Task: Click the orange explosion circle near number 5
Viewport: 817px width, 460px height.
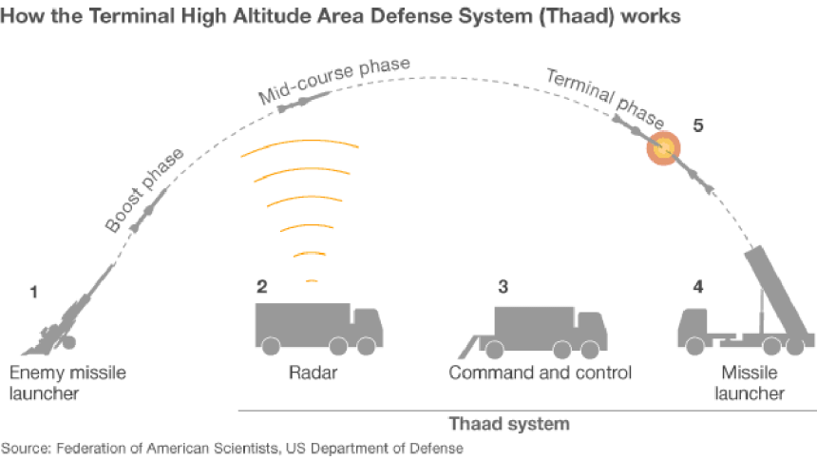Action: (x=664, y=147)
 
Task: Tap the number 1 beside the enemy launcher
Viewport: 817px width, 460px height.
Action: (x=34, y=292)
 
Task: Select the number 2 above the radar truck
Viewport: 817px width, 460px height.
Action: (x=261, y=285)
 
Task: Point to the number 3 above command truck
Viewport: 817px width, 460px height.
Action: (x=503, y=285)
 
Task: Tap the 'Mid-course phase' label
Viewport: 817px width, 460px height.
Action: (x=334, y=80)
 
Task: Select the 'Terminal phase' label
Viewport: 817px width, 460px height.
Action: (x=603, y=98)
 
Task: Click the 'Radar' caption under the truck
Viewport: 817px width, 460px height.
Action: (x=313, y=373)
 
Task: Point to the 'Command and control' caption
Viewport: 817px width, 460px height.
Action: (x=540, y=373)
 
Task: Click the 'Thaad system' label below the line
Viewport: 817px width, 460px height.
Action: (x=523, y=422)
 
